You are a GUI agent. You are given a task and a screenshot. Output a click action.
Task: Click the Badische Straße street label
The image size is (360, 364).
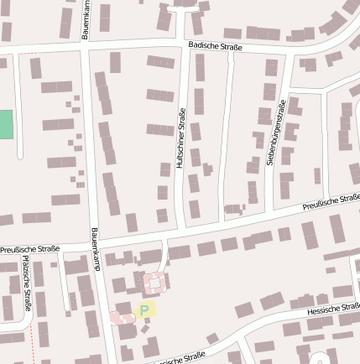pyautogui.click(x=215, y=47)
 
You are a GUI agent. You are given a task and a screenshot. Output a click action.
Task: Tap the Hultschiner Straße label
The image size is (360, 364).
pyautogui.click(x=180, y=139)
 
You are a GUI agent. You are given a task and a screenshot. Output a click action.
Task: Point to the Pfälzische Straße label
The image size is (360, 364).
pyautogui.click(x=25, y=284)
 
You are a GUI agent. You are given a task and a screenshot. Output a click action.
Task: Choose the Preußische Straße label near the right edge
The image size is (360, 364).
pyautogui.click(x=331, y=201)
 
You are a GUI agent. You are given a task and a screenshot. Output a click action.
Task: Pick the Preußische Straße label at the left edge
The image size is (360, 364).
pyautogui.click(x=29, y=249)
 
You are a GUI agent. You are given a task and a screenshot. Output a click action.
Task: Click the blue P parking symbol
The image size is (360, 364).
pyautogui.click(x=144, y=310)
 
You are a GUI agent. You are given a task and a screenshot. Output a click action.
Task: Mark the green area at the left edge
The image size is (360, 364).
pyautogui.click(x=6, y=125)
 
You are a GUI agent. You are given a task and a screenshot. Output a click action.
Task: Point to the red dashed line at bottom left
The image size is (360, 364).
pyautogui.click(x=34, y=340)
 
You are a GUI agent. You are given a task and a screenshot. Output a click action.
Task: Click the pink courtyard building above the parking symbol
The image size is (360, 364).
pyautogui.click(x=154, y=283)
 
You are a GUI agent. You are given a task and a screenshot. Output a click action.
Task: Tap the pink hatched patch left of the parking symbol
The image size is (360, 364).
pyautogui.click(x=120, y=317)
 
